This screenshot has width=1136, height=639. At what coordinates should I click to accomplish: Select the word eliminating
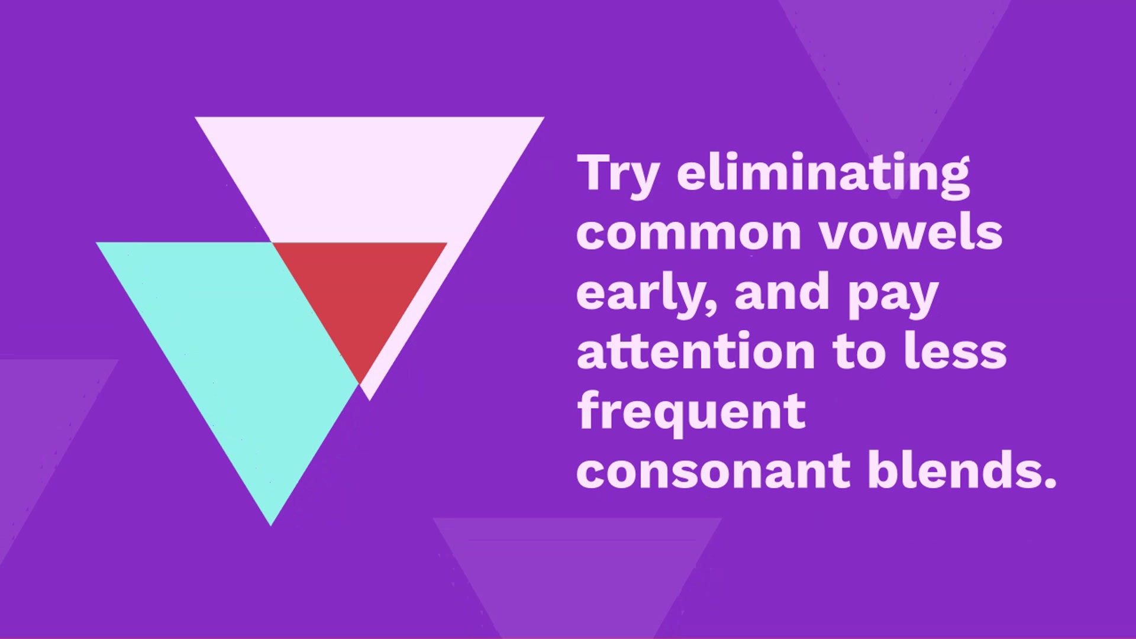click(x=824, y=175)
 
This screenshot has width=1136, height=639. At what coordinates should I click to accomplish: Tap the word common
click(x=689, y=233)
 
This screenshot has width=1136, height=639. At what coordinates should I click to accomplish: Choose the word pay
click(x=892, y=297)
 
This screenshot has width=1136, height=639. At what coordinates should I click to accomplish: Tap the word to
click(x=859, y=352)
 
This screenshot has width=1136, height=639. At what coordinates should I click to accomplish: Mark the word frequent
click(x=691, y=412)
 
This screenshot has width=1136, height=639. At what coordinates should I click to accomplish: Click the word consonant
click(x=714, y=470)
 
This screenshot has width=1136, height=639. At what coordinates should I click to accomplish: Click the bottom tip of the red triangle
click(x=360, y=384)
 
